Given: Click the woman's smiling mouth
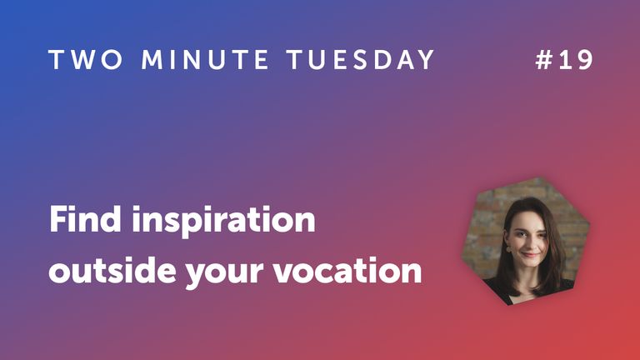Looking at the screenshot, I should coord(529,253).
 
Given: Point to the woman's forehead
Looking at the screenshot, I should coord(528,219).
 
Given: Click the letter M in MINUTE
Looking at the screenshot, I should coord(153,60).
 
